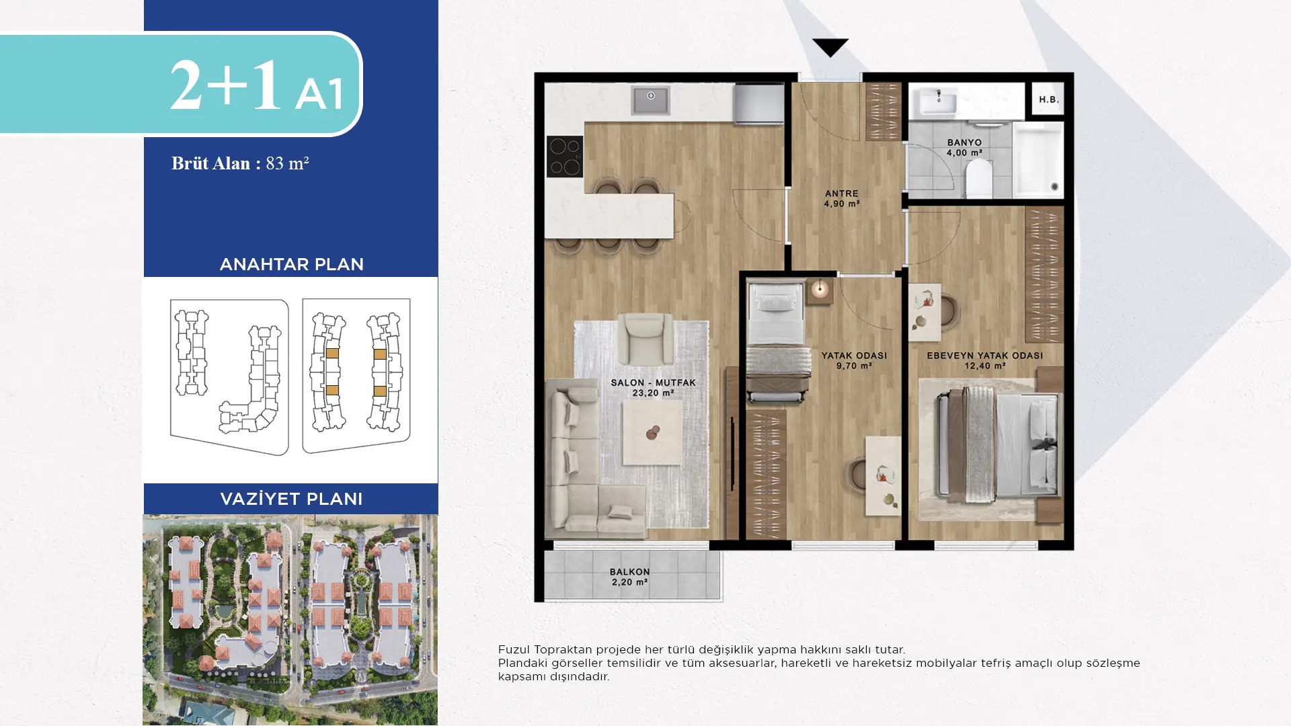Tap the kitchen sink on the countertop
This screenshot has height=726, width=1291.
click(x=650, y=100)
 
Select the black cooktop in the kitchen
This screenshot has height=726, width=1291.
click(x=565, y=157)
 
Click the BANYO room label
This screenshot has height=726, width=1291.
click(x=964, y=143)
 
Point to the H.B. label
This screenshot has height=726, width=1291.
click(x=1049, y=99)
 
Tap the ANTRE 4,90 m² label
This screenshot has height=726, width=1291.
click(x=842, y=198)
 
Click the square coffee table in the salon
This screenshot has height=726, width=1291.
click(x=652, y=432)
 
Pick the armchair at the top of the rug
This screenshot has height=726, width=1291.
click(x=645, y=339)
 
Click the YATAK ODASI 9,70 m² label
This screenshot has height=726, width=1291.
click(x=854, y=360)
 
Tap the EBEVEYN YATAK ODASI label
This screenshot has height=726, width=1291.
click(x=985, y=356)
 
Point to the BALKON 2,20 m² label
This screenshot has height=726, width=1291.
click(x=630, y=577)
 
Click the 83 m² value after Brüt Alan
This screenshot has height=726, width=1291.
click(x=287, y=163)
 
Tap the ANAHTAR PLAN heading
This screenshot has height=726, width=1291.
click(x=291, y=264)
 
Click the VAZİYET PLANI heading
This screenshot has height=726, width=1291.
click(x=291, y=499)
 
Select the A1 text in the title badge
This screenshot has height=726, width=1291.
click(x=319, y=93)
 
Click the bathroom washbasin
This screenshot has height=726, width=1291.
click(x=939, y=102)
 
